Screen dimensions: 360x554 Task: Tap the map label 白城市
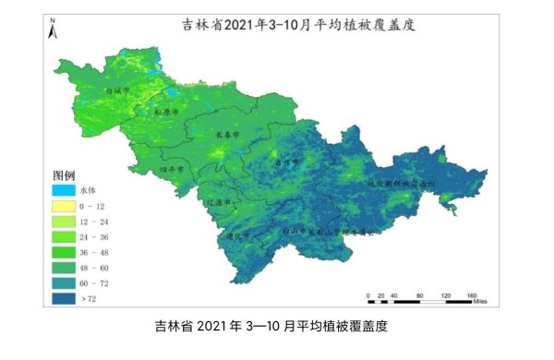coord(118,91)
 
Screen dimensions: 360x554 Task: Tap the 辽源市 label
coord(219,200)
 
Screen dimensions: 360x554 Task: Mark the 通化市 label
coord(239,235)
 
